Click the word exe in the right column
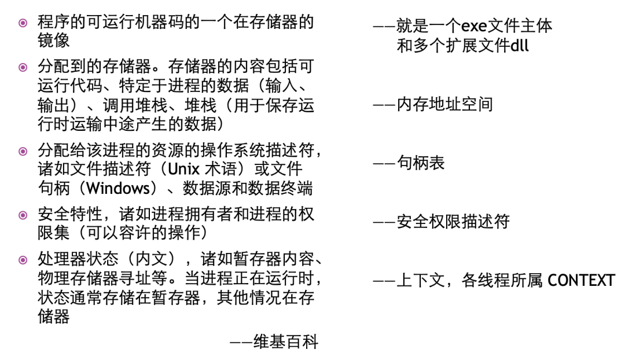tap(473, 26)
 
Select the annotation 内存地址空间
tap(444, 105)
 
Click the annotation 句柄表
tap(421, 163)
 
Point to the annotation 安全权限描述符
tap(453, 222)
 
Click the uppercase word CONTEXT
tap(581, 281)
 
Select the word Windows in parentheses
tap(118, 189)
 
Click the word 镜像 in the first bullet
tap(54, 41)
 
